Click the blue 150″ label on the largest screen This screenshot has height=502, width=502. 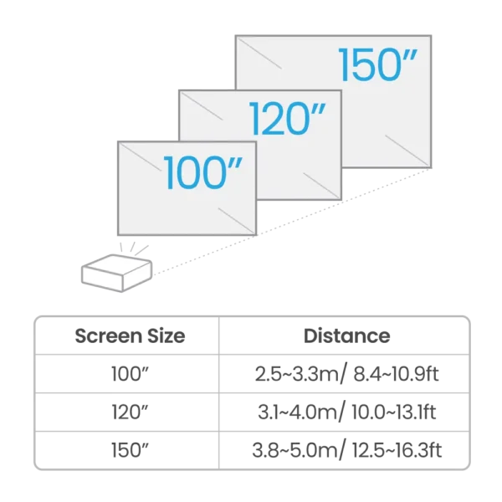pyautogui.click(x=377, y=65)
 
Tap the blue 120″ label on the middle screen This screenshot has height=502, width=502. pyautogui.click(x=287, y=119)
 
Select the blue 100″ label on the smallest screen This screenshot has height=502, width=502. pyautogui.click(x=203, y=173)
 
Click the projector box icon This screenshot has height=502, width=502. pyautogui.click(x=116, y=273)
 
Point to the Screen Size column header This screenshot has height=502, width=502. pyautogui.click(x=130, y=336)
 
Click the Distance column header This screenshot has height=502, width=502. pyautogui.click(x=346, y=336)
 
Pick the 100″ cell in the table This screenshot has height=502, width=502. pyautogui.click(x=130, y=373)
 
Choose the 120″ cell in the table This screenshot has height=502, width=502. pyautogui.click(x=130, y=412)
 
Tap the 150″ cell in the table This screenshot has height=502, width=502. pyautogui.click(x=130, y=450)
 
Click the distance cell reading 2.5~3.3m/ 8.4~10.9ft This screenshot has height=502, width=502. pyautogui.click(x=346, y=374)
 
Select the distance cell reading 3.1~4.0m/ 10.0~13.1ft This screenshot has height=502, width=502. pyautogui.click(x=346, y=412)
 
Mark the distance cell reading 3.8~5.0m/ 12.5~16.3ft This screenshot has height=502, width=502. pyautogui.click(x=346, y=450)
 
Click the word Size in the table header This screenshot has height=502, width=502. pyautogui.click(x=166, y=336)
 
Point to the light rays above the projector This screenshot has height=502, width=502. pyautogui.click(x=134, y=248)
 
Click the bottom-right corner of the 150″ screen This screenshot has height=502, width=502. pyautogui.click(x=431, y=167)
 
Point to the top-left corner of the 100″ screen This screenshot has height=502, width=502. pyautogui.click(x=119, y=142)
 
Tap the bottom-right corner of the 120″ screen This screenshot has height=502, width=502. pyautogui.click(x=341, y=199)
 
